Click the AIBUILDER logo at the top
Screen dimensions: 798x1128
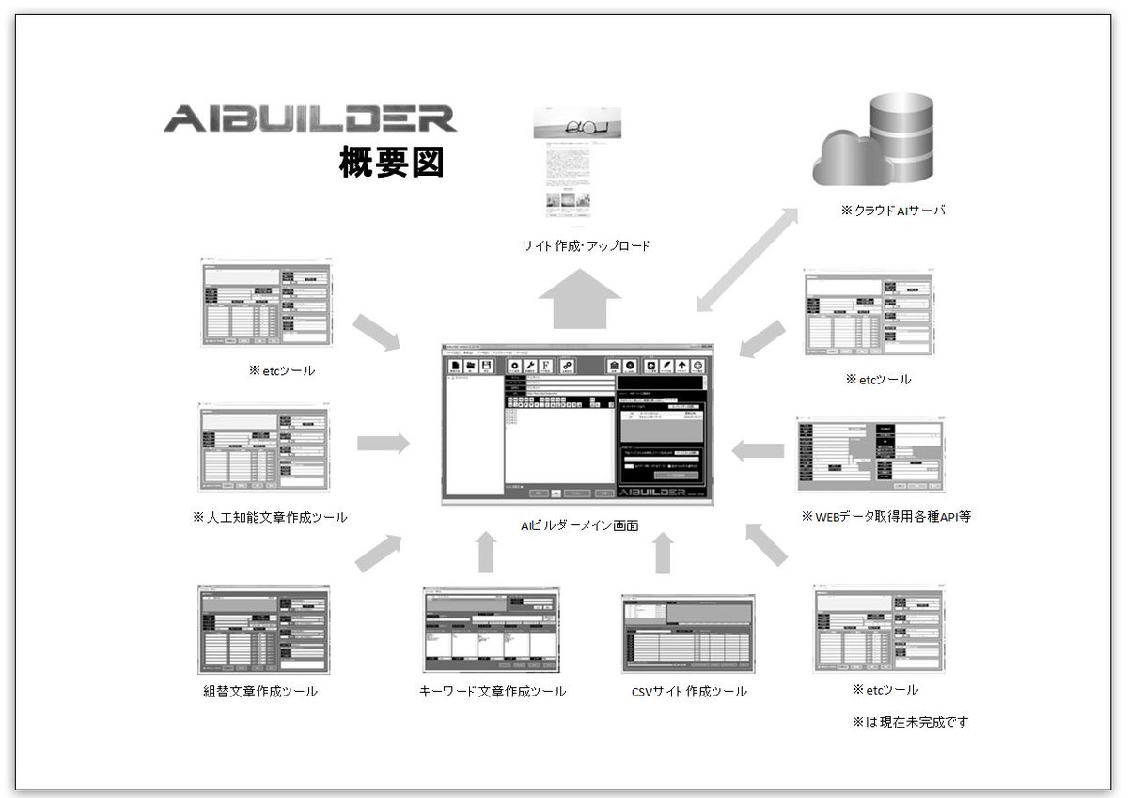[x=309, y=118]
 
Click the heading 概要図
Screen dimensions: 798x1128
[x=391, y=163]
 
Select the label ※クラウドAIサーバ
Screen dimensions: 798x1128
[x=894, y=211]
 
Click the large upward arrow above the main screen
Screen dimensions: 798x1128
[x=580, y=298]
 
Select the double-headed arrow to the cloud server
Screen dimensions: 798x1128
[x=747, y=259]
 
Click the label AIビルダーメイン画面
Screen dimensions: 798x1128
[x=579, y=525]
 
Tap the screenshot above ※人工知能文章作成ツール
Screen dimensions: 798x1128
[x=265, y=448]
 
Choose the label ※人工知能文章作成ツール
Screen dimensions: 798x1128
[x=270, y=517]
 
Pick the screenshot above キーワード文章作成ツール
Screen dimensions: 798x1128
[x=492, y=630]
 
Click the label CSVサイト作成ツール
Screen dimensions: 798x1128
[x=690, y=692]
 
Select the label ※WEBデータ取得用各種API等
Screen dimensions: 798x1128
[x=885, y=516]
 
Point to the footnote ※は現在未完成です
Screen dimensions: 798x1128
[x=910, y=722]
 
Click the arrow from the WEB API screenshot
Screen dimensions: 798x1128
[x=758, y=451]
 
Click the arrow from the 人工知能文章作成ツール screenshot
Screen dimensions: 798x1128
[x=384, y=443]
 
